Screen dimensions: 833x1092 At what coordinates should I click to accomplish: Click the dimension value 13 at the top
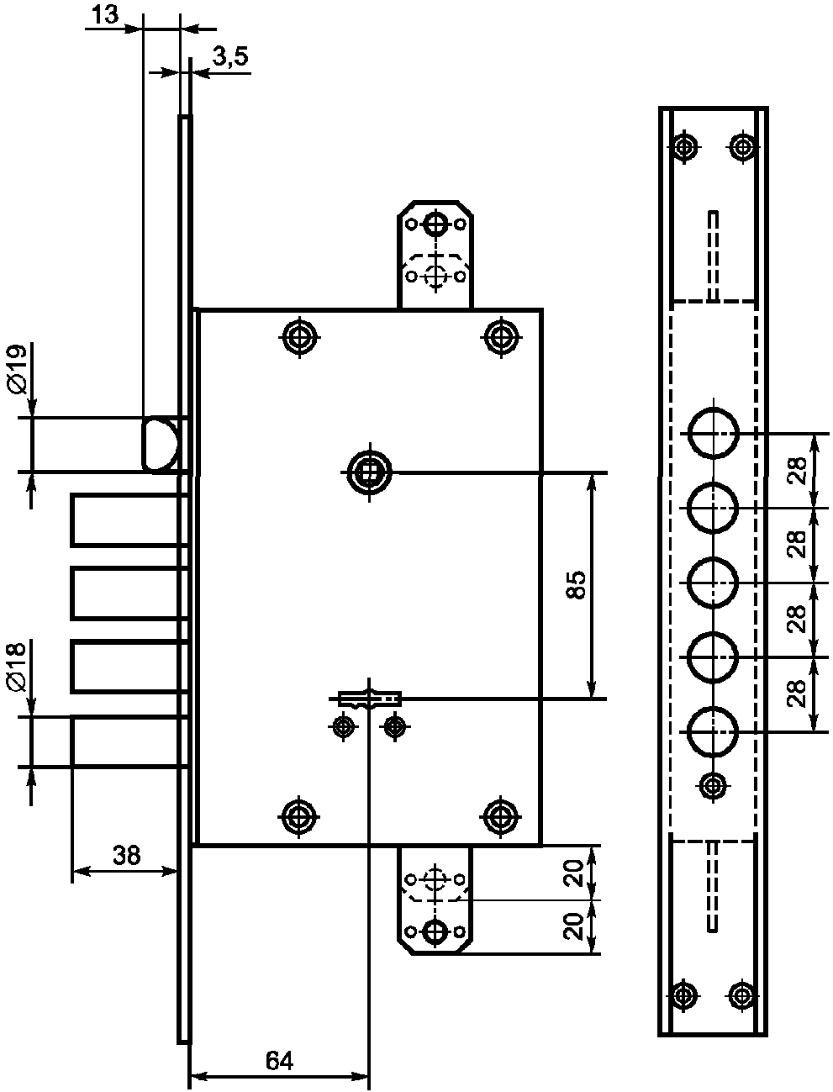tap(105, 14)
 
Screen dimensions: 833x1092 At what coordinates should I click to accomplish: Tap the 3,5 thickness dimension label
tap(230, 56)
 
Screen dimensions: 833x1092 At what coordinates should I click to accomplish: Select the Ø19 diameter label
tap(17, 370)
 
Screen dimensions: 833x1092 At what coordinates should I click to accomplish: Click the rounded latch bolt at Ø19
tap(161, 444)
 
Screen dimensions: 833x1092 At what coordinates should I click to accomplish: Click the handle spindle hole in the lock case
tap(369, 472)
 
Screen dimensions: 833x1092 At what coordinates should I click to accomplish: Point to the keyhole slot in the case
tap(370, 699)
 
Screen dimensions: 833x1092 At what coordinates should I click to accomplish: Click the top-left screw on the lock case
tap(299, 337)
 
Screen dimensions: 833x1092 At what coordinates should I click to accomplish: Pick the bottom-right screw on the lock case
tap(501, 816)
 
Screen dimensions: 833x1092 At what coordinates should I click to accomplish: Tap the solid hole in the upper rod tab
tap(435, 224)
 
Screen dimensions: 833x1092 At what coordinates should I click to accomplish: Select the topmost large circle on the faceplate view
tap(713, 433)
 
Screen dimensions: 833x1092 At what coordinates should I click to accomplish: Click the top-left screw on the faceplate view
tap(685, 147)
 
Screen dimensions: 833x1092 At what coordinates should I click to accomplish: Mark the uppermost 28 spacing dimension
tap(796, 470)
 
